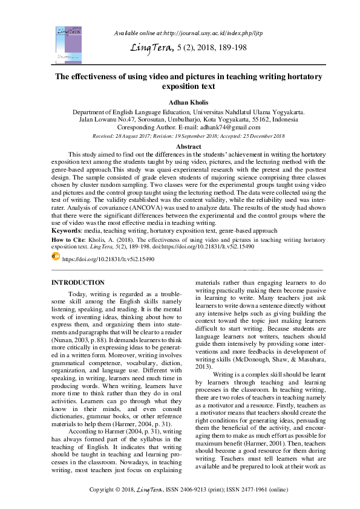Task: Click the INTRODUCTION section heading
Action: [x=77, y=282]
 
